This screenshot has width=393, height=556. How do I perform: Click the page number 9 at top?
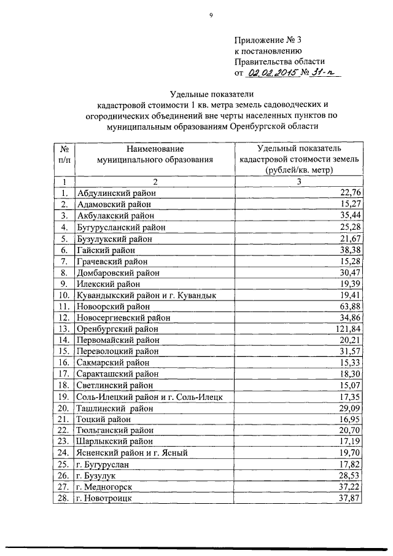[210, 16]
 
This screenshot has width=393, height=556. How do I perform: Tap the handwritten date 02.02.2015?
[271, 73]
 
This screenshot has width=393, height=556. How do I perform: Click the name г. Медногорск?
[104, 486]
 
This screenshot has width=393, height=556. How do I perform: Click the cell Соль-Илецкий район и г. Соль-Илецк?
[153, 396]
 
